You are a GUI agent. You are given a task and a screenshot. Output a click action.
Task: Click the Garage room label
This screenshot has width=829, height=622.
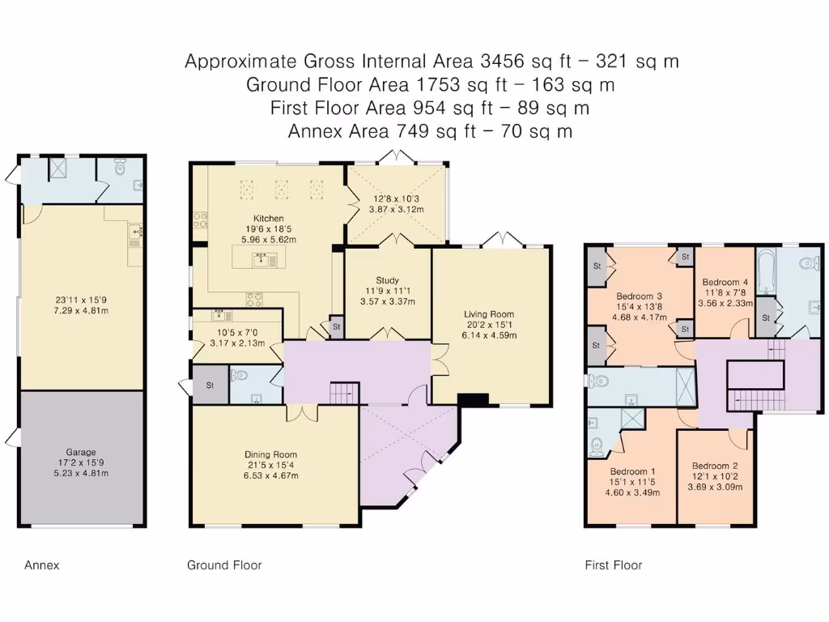pyautogui.click(x=81, y=453)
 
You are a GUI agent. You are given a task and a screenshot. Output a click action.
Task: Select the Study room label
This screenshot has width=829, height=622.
pyautogui.click(x=388, y=280)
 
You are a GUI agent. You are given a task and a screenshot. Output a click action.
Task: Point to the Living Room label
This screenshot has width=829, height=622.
pyautogui.click(x=489, y=314)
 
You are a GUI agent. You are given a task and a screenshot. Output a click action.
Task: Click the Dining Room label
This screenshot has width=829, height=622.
pyautogui.click(x=270, y=454)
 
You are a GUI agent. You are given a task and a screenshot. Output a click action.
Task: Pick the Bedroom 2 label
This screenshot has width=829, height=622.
pyautogui.click(x=715, y=466)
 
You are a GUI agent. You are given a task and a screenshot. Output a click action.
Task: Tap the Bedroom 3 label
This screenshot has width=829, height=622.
pyautogui.click(x=640, y=296)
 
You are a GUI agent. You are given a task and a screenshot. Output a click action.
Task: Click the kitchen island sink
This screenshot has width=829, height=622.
pyautogui.click(x=261, y=259)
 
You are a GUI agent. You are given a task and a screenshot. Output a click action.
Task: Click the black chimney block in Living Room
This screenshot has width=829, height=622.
pyautogui.click(x=473, y=398)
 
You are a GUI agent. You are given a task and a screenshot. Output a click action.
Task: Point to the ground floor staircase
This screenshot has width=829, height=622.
pyautogui.click(x=343, y=393)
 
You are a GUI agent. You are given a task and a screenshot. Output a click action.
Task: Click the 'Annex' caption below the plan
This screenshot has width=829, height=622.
pyautogui.click(x=42, y=565)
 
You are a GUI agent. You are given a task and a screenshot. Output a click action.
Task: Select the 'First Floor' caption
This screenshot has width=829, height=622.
pyautogui.click(x=613, y=565)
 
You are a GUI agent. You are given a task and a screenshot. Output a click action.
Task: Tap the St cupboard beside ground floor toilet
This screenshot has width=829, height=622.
pyautogui.click(x=210, y=384)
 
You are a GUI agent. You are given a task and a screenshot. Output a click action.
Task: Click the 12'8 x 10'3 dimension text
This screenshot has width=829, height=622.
pyautogui.click(x=397, y=198)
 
